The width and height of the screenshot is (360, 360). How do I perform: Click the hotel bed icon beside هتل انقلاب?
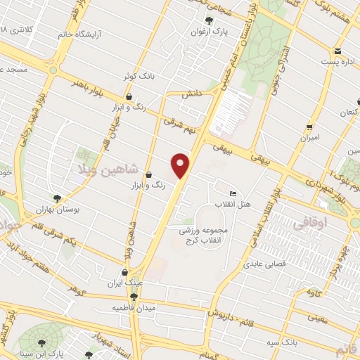(x=233, y=194)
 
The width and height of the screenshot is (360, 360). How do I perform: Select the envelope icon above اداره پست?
(x=337, y=51)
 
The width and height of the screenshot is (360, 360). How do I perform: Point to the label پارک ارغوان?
(x=210, y=32)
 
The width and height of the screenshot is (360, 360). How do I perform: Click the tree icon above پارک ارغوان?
(x=209, y=20)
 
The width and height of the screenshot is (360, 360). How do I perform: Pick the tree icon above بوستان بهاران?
(x=58, y=198)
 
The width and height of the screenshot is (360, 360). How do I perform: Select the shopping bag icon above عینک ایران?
(x=124, y=272)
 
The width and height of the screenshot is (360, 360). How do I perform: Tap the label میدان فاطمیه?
(x=133, y=308)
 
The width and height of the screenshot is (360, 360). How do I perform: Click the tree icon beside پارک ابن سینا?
(x=44, y=343)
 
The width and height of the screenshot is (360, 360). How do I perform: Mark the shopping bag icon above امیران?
(x=309, y=127)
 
